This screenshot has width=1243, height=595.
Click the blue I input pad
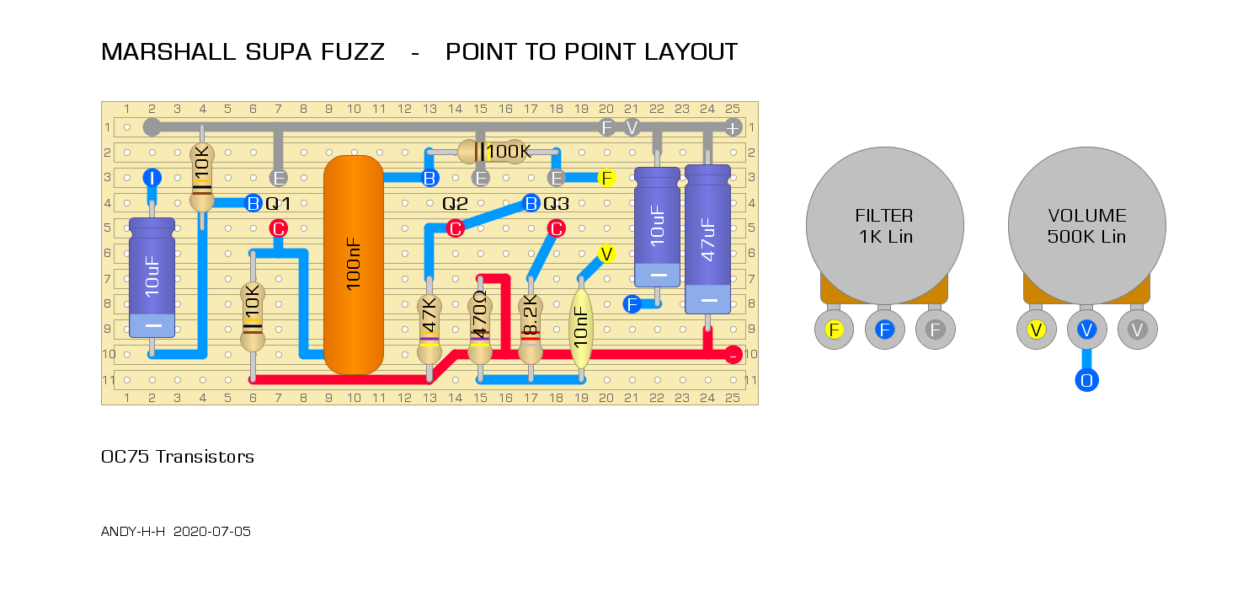pos(152,178)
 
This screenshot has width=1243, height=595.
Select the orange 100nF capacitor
pos(354,265)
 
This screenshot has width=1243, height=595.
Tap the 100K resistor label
pos(509,151)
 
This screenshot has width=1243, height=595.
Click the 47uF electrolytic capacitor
pos(707,239)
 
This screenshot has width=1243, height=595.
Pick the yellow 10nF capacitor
pos(581,329)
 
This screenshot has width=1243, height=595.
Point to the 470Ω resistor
pos(480,329)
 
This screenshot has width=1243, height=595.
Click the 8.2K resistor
pos(531,329)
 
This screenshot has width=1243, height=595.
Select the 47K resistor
pos(429,329)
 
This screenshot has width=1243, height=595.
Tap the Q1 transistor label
pos(278,204)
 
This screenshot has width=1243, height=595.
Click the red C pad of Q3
pos(556,228)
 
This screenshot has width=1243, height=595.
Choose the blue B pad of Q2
pos(429,178)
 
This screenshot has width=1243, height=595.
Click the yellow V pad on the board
pos(606,254)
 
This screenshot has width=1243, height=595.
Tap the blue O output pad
pos(1086,381)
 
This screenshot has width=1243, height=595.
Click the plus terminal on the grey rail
pos(733,128)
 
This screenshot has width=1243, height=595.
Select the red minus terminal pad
pos(733,355)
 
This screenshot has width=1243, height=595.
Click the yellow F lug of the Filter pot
pos(834,330)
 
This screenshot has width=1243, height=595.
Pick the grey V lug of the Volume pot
pos(1137,330)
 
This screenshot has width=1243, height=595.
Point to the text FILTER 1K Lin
pos(884,226)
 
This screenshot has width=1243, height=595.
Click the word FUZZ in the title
pos(353,52)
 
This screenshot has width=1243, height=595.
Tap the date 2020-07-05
pos(212,532)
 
